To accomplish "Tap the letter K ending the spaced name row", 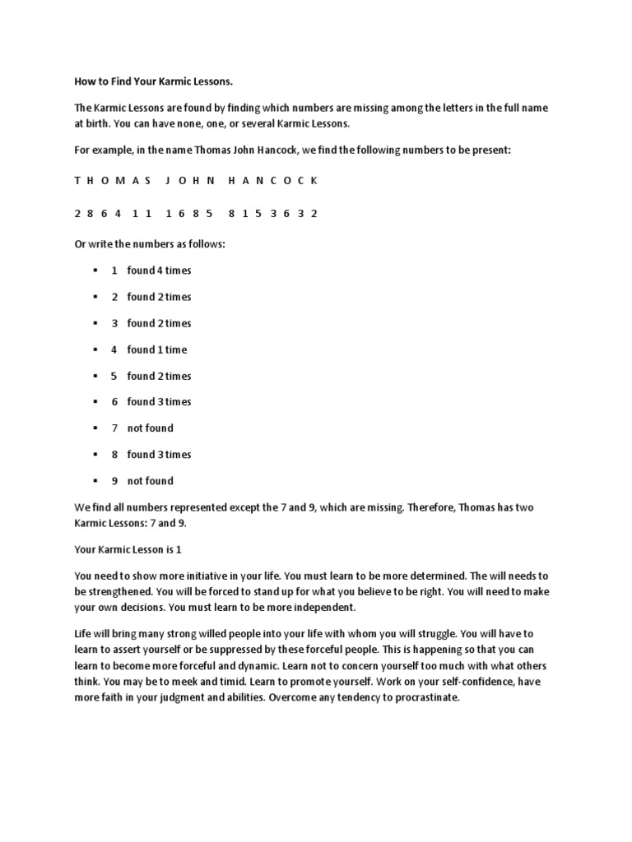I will click(x=314, y=180).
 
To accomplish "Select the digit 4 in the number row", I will click(x=118, y=213).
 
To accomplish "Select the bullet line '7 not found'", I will click(x=142, y=428).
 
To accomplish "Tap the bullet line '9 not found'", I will click(x=142, y=481).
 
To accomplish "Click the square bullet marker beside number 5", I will click(x=96, y=376).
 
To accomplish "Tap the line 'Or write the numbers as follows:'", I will click(x=150, y=244).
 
